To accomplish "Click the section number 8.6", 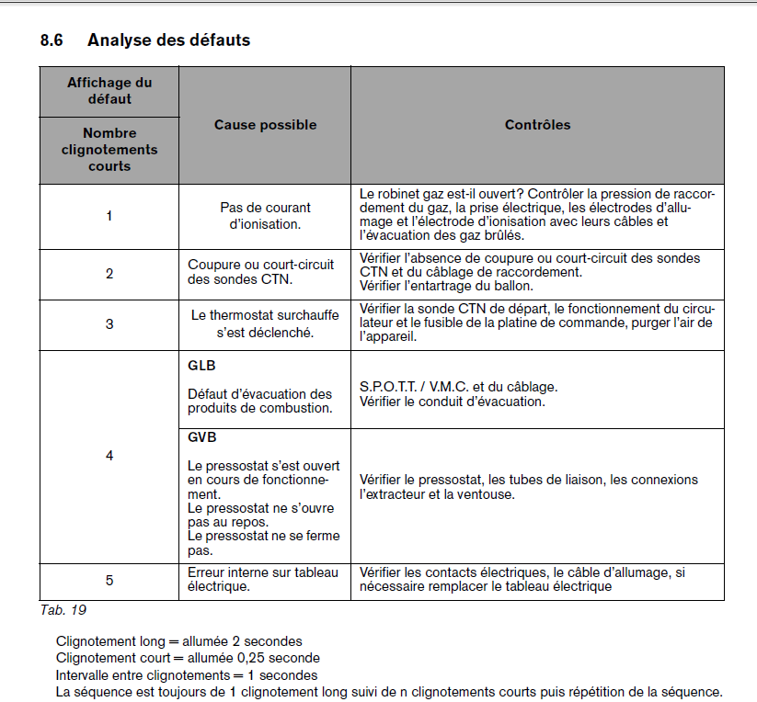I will pos(52,40).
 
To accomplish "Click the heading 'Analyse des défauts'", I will pos(168,40).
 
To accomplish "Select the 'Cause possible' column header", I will pos(265,125).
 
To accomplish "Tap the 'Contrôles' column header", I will pos(537,125).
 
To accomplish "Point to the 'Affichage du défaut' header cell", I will pos(109,91).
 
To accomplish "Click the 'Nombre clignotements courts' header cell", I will pos(109,150).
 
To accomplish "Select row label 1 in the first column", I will pos(109,216).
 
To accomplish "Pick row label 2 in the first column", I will pos(109,274).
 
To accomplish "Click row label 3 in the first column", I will pos(109,324).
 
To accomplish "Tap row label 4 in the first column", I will pos(109,456).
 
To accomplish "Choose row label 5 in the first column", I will pos(109,580).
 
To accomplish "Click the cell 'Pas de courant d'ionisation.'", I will pos(265,216).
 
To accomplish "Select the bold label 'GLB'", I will pos(201,366).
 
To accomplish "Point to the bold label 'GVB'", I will pos(201,438).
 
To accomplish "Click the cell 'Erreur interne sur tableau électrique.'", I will pos(263,579).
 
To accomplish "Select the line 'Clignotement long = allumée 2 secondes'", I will pos(178,641).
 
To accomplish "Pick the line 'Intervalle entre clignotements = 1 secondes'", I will pos(187,675).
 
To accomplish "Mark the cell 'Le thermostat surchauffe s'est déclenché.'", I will pos(265,323).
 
